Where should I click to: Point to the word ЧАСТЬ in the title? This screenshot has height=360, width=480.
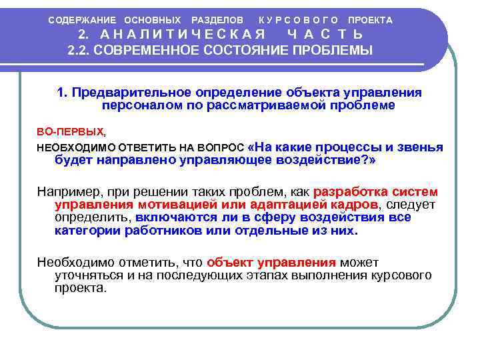(x=326, y=35)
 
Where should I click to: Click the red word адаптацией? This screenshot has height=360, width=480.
(x=292, y=205)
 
